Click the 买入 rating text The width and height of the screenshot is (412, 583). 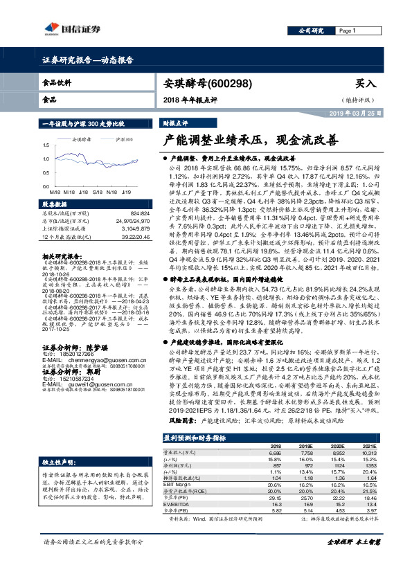365,83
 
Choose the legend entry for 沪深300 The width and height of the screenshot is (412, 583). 125,139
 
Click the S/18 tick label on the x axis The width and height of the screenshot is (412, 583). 93,192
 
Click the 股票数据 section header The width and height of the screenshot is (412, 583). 55,205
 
